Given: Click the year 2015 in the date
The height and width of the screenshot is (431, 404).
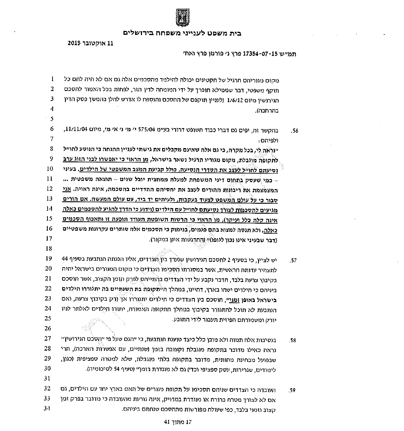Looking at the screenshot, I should click(x=75, y=43).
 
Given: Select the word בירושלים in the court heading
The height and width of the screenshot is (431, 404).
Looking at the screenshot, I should click(x=138, y=33).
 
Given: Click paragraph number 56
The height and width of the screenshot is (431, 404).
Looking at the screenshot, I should click(x=294, y=131).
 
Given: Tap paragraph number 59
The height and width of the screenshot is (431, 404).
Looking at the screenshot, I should click(x=292, y=390).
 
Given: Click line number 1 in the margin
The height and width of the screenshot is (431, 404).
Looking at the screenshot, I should click(x=53, y=79).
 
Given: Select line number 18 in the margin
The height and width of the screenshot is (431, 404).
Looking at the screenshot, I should click(x=49, y=249).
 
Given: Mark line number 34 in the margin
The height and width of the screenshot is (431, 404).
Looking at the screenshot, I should click(x=47, y=409).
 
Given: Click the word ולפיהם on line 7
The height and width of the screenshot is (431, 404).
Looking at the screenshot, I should click(x=270, y=141).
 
